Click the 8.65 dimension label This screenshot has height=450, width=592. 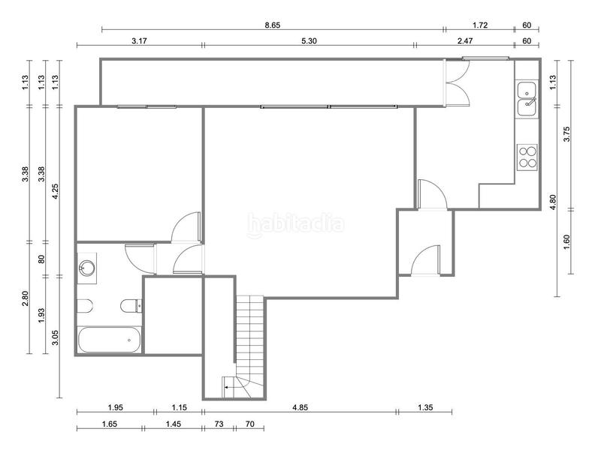pyautogui.click(x=272, y=25)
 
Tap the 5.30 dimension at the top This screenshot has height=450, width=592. pyautogui.click(x=309, y=41)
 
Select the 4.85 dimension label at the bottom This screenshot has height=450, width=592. pyautogui.click(x=301, y=407)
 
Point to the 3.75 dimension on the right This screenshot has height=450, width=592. pyautogui.click(x=566, y=133)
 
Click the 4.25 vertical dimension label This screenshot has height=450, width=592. pyautogui.click(x=55, y=191)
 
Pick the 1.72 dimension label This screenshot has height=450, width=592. pyautogui.click(x=480, y=25)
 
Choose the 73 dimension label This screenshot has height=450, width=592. pyautogui.click(x=219, y=424)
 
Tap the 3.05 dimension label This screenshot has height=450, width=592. pyautogui.click(x=55, y=337)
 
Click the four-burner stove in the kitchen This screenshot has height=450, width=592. pyautogui.click(x=527, y=157)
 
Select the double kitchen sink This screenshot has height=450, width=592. pyautogui.click(x=527, y=99)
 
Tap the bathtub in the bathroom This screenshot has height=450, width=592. pyautogui.click(x=109, y=340)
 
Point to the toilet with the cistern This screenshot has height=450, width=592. pyautogui.click(x=131, y=306)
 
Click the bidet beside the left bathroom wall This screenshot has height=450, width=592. pyautogui.click(x=85, y=306)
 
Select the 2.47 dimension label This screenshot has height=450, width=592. pyautogui.click(x=465, y=41)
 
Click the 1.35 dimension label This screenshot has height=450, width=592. pyautogui.click(x=425, y=407)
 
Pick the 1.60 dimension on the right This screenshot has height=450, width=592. pyautogui.click(x=566, y=241)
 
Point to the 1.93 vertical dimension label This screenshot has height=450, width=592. pyautogui.click(x=41, y=316)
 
